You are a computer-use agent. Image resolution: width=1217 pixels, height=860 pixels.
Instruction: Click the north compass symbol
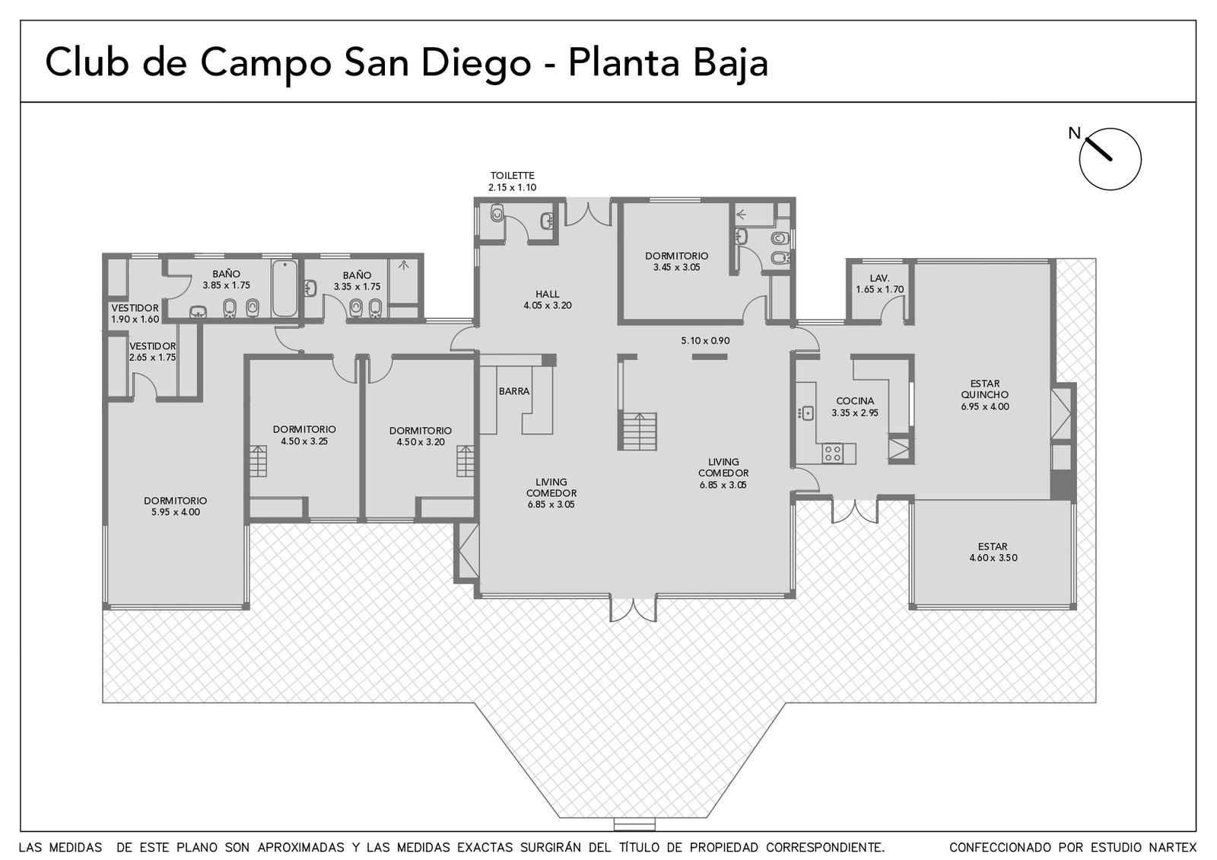[x=1110, y=159]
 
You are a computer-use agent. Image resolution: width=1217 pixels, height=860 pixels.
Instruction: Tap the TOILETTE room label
[x=513, y=176]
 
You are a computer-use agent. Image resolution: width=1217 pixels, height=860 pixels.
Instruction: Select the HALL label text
[x=547, y=294]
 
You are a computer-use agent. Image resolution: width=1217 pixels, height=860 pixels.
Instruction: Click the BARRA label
[x=514, y=391]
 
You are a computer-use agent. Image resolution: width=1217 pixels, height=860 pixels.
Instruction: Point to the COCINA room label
[x=855, y=401]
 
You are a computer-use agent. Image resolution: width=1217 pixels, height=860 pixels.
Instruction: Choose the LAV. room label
[x=879, y=278]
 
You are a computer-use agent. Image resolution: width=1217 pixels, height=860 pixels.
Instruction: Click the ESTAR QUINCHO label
[x=984, y=389]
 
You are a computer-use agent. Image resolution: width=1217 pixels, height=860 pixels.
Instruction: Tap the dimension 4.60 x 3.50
[x=993, y=558]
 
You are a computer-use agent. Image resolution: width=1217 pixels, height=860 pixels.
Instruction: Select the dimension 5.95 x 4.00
[x=176, y=512]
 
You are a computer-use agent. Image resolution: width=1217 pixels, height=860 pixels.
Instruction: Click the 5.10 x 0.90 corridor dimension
[x=705, y=341]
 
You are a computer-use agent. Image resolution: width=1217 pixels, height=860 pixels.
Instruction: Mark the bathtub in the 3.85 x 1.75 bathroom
[x=284, y=288]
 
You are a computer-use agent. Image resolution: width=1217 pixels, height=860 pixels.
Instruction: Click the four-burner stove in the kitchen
[x=833, y=454]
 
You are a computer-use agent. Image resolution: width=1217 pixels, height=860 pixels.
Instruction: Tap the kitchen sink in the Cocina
[x=807, y=414]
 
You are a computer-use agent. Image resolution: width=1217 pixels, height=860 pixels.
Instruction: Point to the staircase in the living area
[x=640, y=431]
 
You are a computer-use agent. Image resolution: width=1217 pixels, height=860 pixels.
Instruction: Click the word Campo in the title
[x=265, y=62]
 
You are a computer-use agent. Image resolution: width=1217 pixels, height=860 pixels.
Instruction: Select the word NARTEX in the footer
[x=1172, y=848]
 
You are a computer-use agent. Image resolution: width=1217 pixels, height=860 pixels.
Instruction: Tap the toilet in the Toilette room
[x=497, y=213]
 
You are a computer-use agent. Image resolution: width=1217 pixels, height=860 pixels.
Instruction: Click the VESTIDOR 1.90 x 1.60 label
[x=135, y=314]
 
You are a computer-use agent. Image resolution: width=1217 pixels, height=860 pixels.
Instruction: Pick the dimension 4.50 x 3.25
[x=304, y=441]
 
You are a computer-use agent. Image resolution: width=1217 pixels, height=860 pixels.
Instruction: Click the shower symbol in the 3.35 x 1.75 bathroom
[x=404, y=266]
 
